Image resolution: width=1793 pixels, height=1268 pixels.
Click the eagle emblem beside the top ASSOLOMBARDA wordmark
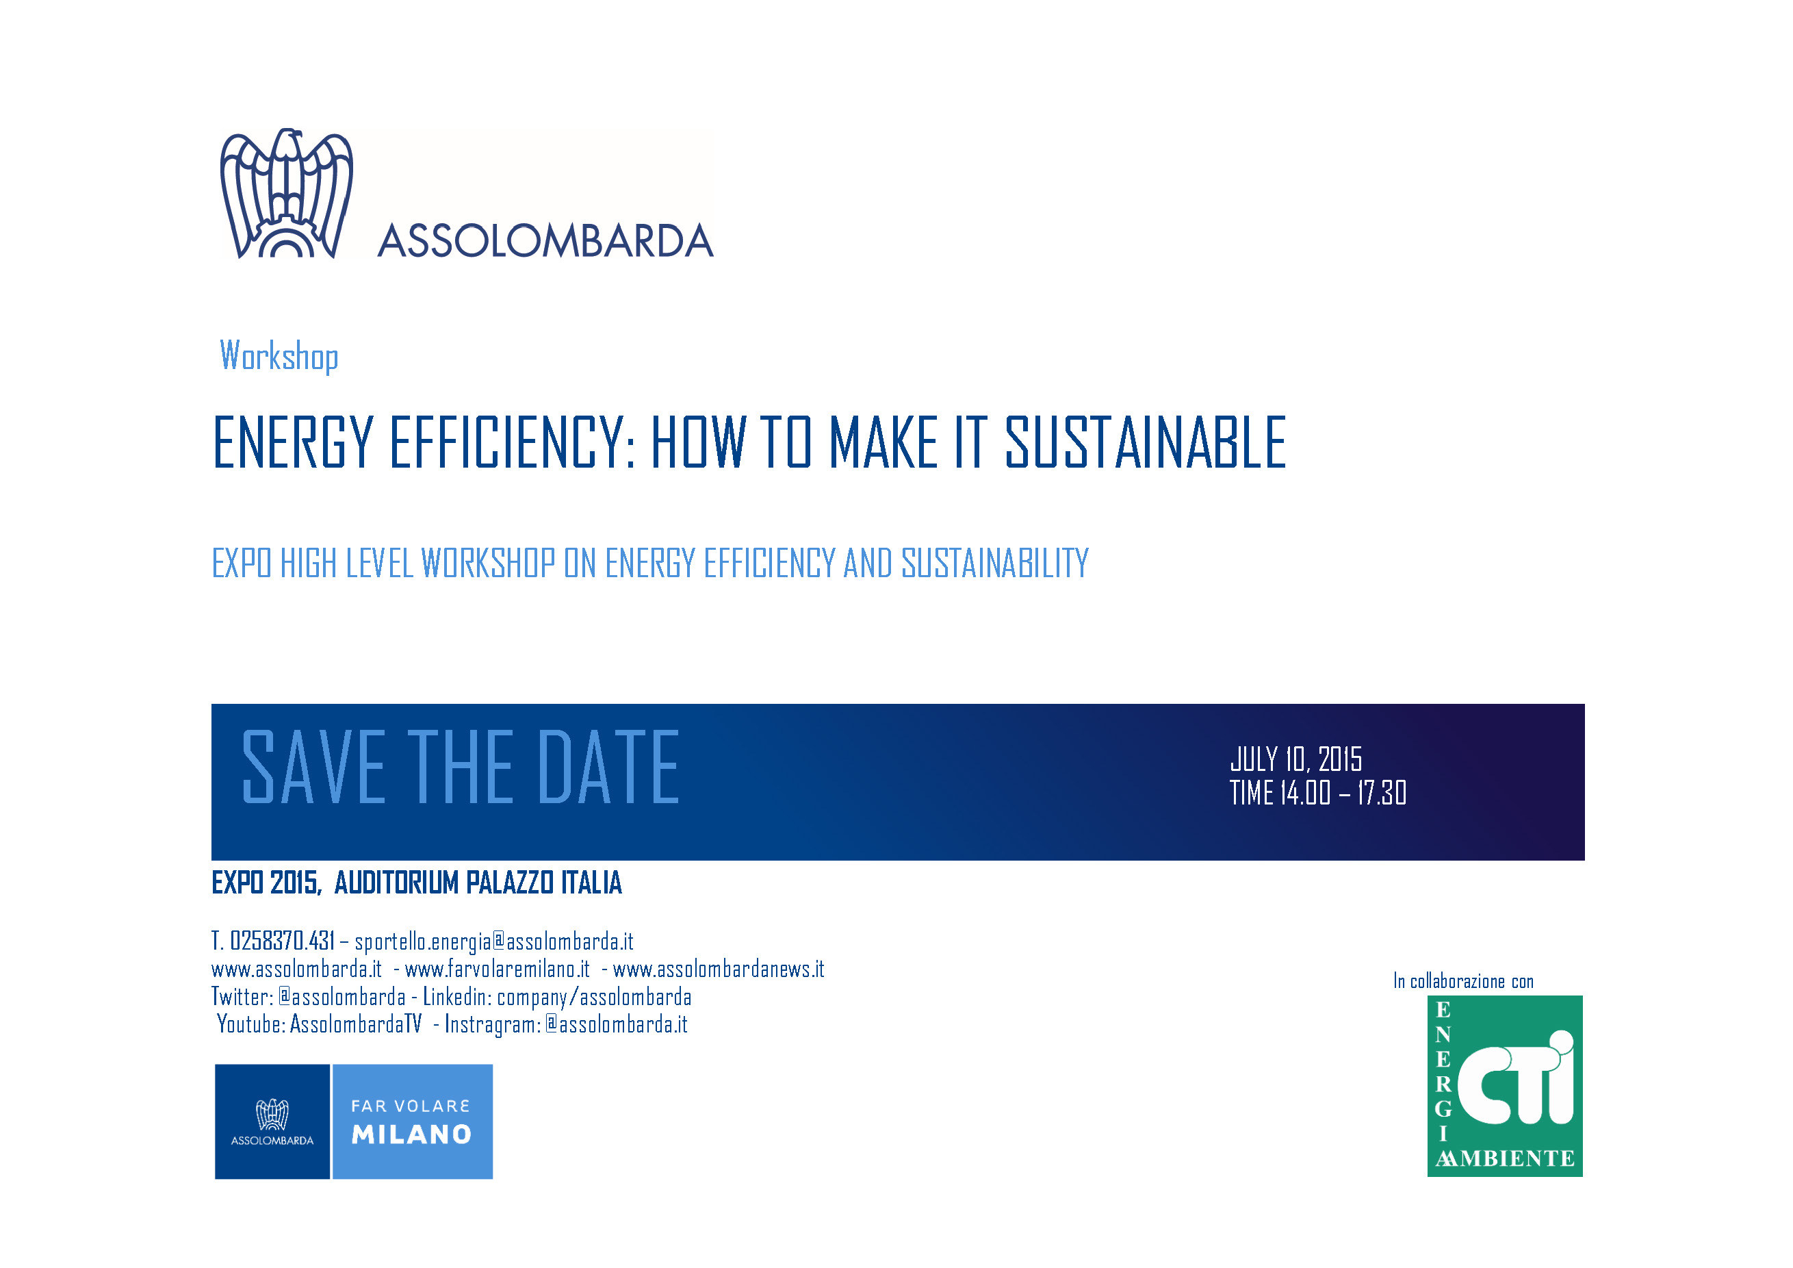point(287,193)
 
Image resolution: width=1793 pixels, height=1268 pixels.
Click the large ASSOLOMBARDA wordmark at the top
point(545,240)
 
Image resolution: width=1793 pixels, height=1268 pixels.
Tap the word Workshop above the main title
point(279,356)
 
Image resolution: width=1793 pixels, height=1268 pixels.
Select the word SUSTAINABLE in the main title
point(1146,442)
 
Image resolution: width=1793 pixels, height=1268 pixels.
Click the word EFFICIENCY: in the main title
point(513,442)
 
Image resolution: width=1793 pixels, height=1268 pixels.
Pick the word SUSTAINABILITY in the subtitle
point(995,563)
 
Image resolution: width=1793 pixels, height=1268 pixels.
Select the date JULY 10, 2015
point(1295,759)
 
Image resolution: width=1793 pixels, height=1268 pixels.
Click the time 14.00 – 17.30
point(1343,793)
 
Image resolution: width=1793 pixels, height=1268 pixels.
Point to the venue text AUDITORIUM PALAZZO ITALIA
point(478,883)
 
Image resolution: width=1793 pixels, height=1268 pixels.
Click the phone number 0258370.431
point(282,941)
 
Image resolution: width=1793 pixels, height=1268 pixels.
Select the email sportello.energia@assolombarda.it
point(493,941)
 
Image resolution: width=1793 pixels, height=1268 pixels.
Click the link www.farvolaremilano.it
point(498,969)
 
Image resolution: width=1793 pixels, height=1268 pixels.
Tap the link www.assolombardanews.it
point(719,969)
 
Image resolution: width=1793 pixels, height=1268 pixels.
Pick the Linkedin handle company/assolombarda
point(594,997)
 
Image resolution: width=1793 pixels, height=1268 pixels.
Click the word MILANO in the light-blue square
point(411,1134)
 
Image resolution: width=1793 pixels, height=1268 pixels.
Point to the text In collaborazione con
point(1463,981)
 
